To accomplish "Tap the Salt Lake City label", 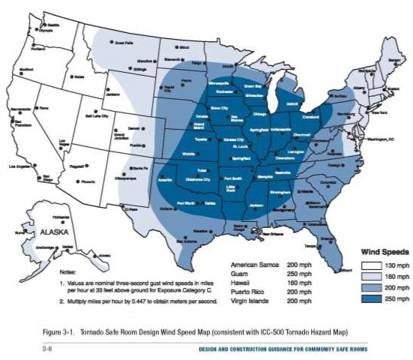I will point(98,116).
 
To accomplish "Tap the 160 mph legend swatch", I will point(367,277).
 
